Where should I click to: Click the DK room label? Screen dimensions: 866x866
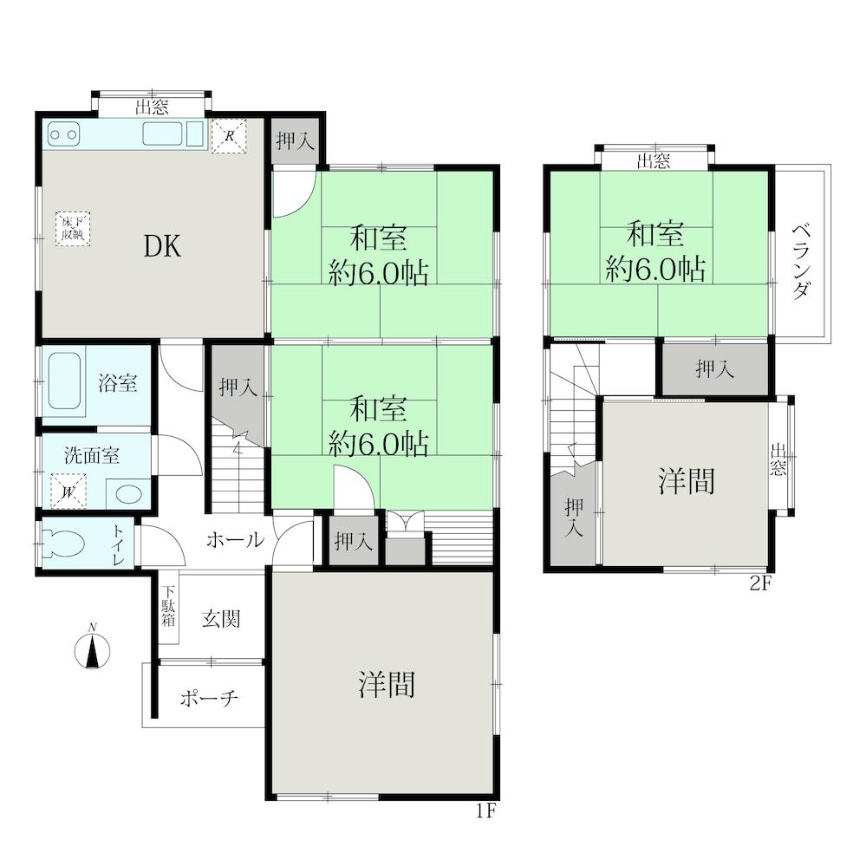point(162,246)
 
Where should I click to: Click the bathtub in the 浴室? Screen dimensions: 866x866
point(65,381)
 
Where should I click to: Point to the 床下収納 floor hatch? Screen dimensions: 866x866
point(72,229)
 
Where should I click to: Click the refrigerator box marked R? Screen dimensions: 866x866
point(229,136)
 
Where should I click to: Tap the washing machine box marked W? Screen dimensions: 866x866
point(69,491)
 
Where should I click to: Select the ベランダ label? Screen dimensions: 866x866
point(801,261)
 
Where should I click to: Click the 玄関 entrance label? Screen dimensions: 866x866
point(221,619)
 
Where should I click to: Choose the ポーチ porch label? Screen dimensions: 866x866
point(209,699)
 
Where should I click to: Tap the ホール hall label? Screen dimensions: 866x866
point(235,539)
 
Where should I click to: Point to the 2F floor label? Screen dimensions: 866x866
point(760,583)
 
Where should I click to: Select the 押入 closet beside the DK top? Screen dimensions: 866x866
point(296,140)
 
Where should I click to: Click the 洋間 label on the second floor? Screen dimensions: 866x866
point(687,480)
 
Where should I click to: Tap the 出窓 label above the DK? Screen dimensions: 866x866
point(152,107)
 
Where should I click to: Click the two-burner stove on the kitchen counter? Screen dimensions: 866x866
point(63,134)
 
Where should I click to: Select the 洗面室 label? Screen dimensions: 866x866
point(92,456)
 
